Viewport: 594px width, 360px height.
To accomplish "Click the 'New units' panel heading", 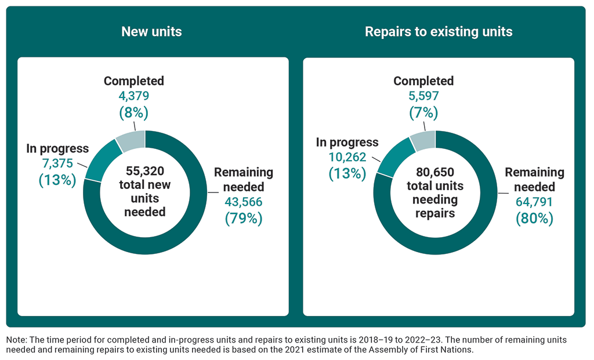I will pyautogui.click(x=151, y=31).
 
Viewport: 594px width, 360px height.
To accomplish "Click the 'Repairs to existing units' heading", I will pyautogui.click(x=439, y=31).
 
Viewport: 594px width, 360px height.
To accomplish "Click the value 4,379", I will pyautogui.click(x=134, y=96).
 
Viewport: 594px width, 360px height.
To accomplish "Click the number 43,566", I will pyautogui.click(x=244, y=202).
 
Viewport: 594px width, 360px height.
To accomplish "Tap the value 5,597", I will pyautogui.click(x=423, y=96).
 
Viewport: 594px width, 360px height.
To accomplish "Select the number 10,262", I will pyautogui.click(x=347, y=158).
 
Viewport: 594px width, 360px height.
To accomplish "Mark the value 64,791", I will pyautogui.click(x=534, y=202).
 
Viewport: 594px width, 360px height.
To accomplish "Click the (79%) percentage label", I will pyautogui.click(x=244, y=219).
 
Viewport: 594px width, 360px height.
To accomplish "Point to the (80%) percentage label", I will pyautogui.click(x=534, y=219).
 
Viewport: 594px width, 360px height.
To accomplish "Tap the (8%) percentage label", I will pyautogui.click(x=134, y=111).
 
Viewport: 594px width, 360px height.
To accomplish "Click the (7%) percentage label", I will pyautogui.click(x=423, y=111).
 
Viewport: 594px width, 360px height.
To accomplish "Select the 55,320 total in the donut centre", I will pyautogui.click(x=145, y=171).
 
